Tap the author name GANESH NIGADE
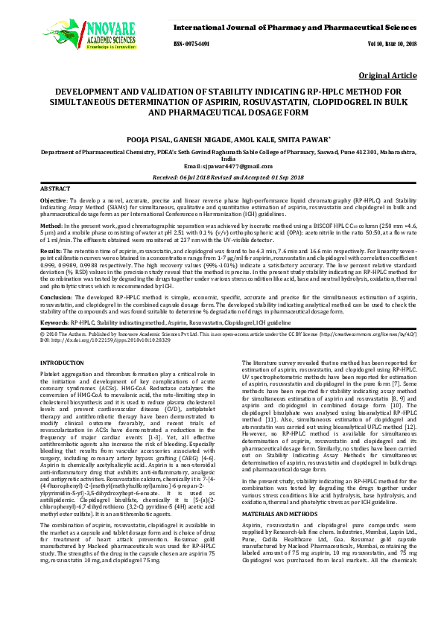pyautogui.click(x=201, y=139)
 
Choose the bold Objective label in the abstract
pyautogui.click(x=53, y=201)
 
